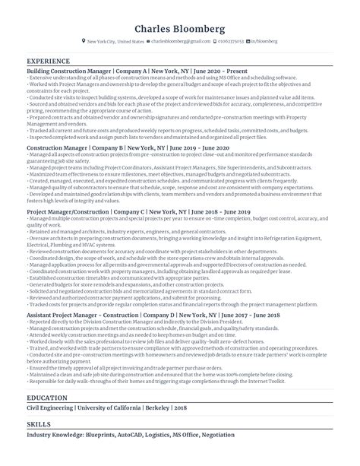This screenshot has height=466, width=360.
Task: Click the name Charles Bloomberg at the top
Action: coord(179,29)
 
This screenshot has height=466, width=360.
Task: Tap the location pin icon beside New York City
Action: coord(84,42)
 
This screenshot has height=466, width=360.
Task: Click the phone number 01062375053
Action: coord(229,42)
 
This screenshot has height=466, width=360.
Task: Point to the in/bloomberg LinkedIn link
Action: coord(263,42)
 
